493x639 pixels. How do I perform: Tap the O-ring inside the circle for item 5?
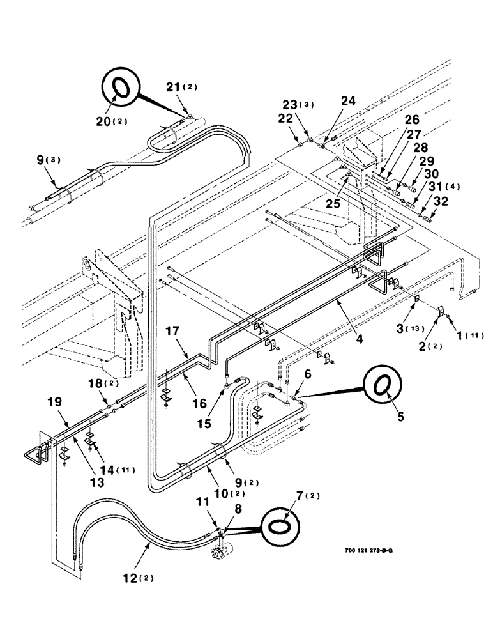[x=382, y=385]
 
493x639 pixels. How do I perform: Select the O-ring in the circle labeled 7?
[x=280, y=528]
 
